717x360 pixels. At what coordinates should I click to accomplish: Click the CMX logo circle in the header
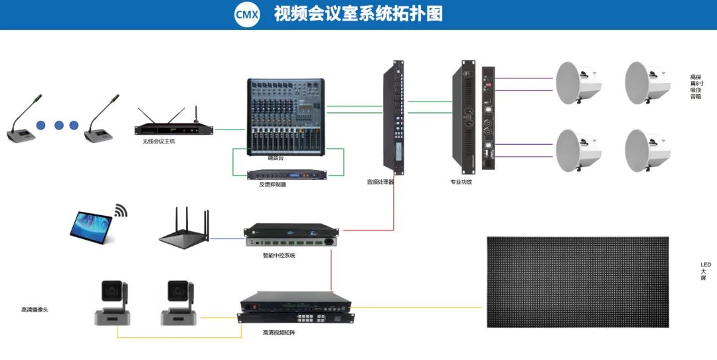click(247, 14)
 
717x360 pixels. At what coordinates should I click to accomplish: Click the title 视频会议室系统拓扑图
click(358, 14)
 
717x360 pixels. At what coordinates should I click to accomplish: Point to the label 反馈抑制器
click(272, 185)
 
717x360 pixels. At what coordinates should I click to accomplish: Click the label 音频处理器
click(380, 181)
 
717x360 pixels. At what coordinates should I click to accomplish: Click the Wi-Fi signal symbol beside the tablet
click(119, 211)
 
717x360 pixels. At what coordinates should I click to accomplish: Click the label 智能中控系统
click(279, 255)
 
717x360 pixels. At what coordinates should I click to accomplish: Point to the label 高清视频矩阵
click(279, 332)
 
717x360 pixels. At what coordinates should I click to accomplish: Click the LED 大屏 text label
click(706, 271)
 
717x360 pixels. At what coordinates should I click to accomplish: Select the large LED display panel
click(578, 282)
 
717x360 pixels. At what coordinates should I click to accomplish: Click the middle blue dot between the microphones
click(58, 125)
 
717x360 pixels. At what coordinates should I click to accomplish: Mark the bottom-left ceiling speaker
click(578, 149)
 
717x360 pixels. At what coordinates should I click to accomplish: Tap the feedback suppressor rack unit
click(285, 175)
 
